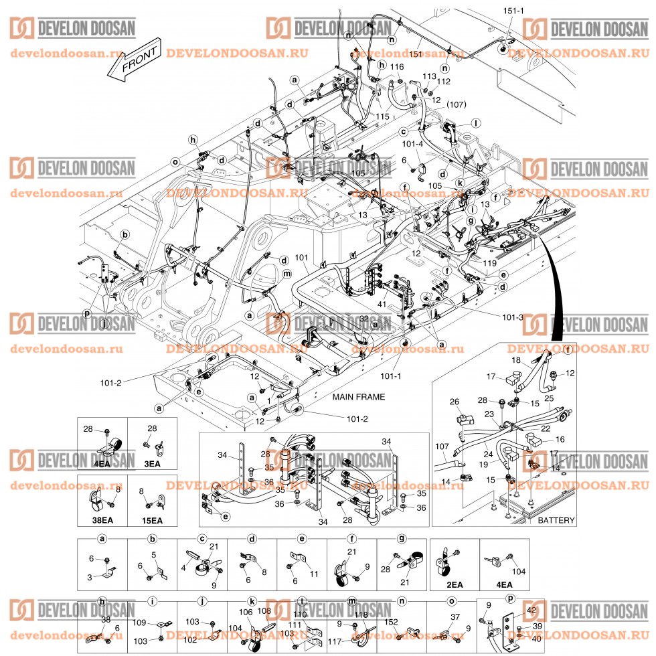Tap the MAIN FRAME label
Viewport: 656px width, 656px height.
click(x=359, y=397)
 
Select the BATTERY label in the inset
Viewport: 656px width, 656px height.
click(x=556, y=519)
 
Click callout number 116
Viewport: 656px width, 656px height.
click(x=398, y=67)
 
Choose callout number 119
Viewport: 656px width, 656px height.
click(x=490, y=263)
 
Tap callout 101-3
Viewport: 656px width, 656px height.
click(x=513, y=317)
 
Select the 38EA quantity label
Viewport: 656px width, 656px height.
click(x=102, y=519)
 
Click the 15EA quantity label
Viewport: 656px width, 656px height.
click(x=153, y=519)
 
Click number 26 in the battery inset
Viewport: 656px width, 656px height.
click(x=454, y=402)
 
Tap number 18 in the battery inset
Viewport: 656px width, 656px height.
click(x=516, y=360)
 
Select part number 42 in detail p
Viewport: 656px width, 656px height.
click(x=531, y=610)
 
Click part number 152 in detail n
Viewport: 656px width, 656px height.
click(x=392, y=621)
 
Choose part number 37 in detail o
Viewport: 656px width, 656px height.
click(x=455, y=617)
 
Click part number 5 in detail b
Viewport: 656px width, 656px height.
click(x=153, y=554)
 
